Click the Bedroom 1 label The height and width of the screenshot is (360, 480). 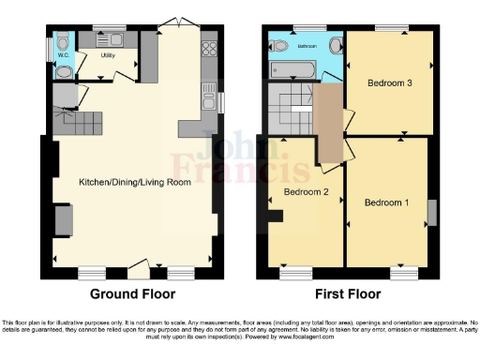point(386,202)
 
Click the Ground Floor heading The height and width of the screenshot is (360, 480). point(132,293)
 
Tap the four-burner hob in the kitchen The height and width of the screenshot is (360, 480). point(208,45)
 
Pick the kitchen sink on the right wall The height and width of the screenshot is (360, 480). point(209,94)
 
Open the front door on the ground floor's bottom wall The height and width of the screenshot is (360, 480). point(140,263)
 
